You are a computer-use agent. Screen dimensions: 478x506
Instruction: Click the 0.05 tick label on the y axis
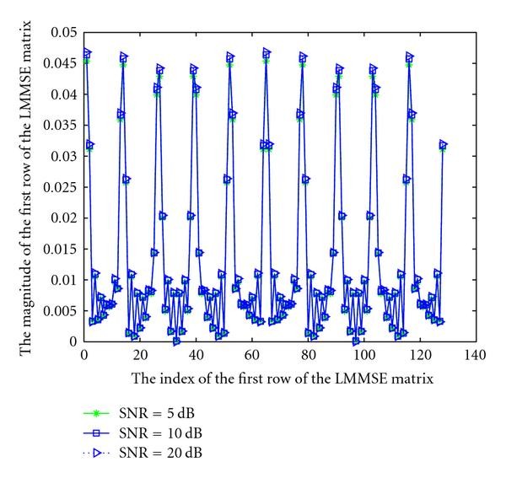[x=62, y=33]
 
